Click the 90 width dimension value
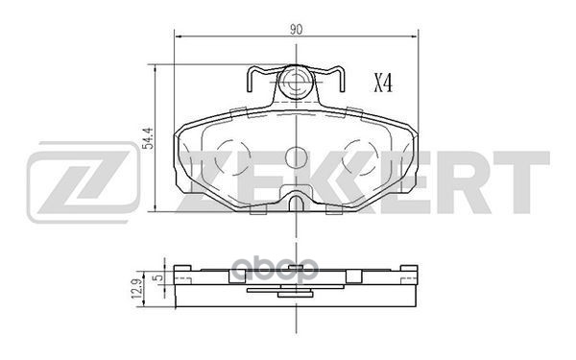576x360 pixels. click(x=296, y=29)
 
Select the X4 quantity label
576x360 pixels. click(x=382, y=84)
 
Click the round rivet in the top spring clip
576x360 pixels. click(x=296, y=81)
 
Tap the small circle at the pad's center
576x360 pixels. click(x=296, y=156)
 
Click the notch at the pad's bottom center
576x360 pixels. click(x=296, y=204)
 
